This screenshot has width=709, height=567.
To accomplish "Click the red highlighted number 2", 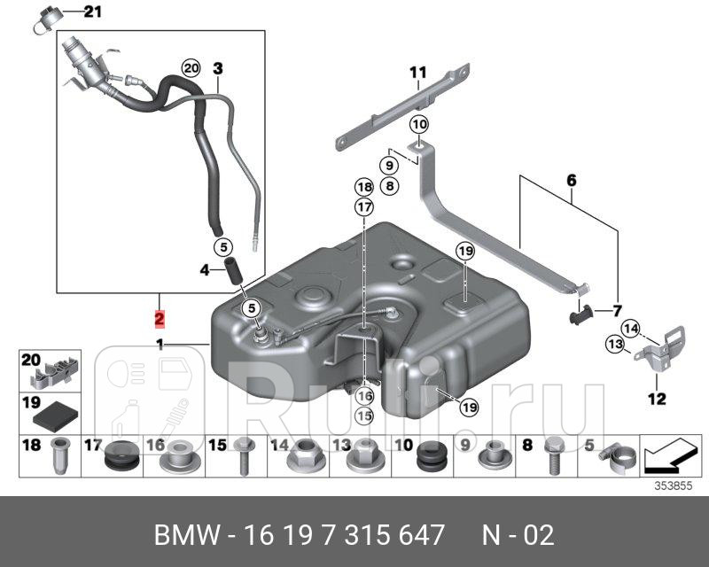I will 159,318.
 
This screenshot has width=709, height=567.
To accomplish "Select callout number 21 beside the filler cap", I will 93,12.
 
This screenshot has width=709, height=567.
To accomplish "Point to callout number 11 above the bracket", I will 417,72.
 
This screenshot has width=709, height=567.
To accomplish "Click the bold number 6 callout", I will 572,181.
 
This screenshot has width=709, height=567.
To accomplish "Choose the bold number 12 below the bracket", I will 656,400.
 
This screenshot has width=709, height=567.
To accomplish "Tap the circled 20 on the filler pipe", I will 191,68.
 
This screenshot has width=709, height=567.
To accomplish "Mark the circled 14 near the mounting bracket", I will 629,328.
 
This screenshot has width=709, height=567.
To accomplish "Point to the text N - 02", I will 518,535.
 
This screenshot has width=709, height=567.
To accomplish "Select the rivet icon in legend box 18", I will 58,454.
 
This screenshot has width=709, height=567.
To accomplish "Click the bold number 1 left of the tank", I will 160,345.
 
